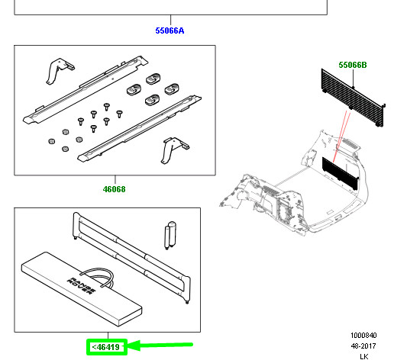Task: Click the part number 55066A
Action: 170,31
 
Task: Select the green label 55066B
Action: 353,66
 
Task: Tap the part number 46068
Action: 115,189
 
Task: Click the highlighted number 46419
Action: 107,347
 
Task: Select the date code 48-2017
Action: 363,346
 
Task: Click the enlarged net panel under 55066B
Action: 354,95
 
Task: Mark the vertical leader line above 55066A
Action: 170,20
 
